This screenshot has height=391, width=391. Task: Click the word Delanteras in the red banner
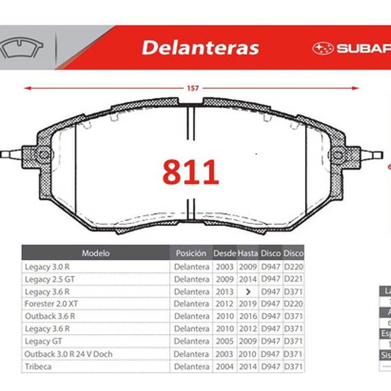click(200, 48)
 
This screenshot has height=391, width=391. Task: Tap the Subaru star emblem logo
click(323, 48)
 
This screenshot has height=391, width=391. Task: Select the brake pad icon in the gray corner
click(22, 48)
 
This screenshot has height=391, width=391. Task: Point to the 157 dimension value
click(192, 88)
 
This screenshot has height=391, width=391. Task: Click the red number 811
click(191, 172)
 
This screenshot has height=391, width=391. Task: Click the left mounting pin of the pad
click(11, 154)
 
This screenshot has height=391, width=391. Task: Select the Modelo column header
click(96, 253)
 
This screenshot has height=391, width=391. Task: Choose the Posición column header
click(191, 253)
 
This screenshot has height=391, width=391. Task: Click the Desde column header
click(224, 253)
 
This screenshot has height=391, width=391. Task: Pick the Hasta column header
click(247, 253)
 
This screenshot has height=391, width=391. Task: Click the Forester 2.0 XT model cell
click(52, 304)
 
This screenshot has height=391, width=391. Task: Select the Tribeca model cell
click(38, 366)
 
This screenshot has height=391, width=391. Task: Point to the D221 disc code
click(293, 279)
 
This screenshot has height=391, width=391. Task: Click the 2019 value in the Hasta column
click(248, 304)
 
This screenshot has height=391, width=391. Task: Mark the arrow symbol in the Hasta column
click(248, 292)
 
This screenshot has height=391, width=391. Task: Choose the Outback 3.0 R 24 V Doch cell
click(68, 354)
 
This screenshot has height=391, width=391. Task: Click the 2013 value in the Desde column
click(225, 292)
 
